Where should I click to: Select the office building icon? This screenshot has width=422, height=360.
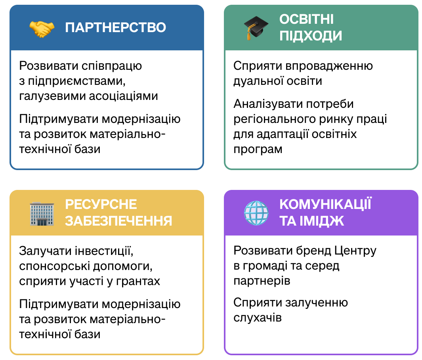tap(42, 214)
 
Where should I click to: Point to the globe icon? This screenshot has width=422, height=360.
tap(256, 213)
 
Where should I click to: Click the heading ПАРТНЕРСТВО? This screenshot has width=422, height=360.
tap(115, 27)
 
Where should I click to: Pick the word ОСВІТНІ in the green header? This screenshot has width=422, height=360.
tap(306, 19)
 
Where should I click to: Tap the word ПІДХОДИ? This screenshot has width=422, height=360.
tap(311, 36)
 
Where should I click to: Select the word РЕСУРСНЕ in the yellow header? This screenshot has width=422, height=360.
tap(101, 204)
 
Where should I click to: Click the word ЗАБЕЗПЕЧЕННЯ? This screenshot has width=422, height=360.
tap(118, 221)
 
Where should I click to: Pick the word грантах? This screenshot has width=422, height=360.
tap(138, 281)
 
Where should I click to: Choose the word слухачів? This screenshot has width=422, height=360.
tap(257, 318)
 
